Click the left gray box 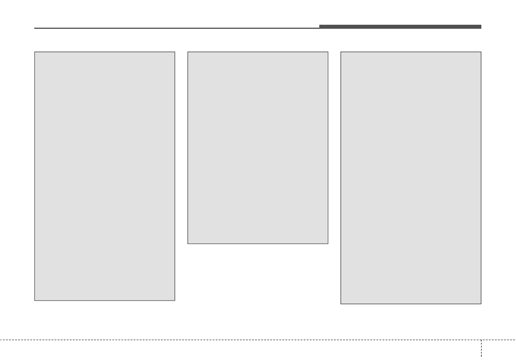[x=104, y=176]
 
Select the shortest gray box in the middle [x=258, y=148]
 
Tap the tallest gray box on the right [x=411, y=178]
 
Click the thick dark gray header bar [x=400, y=26]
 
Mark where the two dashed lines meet [x=481, y=340]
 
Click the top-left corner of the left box [x=35, y=52]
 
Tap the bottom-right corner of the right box [x=481, y=304]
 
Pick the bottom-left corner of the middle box [x=188, y=243]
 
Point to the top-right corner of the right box [x=481, y=52]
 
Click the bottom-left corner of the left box [x=35, y=300]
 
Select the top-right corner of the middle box [x=328, y=52]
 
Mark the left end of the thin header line [x=35, y=29]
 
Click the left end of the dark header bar [x=320, y=26]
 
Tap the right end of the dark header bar [x=481, y=26]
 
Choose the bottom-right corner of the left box [x=175, y=300]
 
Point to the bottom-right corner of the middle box [x=328, y=243]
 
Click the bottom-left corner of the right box [x=341, y=304]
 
